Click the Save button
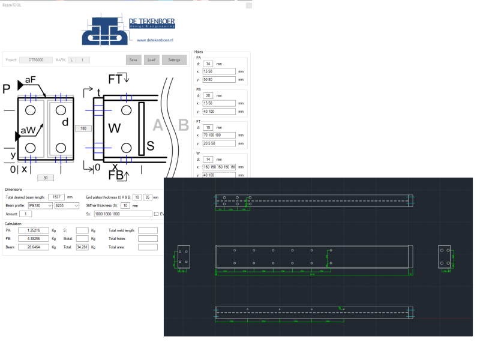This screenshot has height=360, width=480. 133,60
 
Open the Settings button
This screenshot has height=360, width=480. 174,60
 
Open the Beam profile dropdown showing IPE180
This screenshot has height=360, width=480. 40,205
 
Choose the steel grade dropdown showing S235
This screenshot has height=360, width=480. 67,205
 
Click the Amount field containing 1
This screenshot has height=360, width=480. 26,214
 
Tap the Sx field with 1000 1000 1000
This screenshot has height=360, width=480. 122,214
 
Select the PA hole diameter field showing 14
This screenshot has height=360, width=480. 208,63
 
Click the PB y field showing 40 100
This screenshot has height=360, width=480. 219,111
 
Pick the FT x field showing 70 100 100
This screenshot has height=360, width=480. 219,135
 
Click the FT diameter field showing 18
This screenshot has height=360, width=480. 208,127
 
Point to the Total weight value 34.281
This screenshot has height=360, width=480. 83,247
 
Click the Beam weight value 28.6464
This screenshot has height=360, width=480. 29,247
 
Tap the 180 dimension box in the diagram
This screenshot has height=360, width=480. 82,128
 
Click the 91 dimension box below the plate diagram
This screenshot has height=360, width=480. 46,178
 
